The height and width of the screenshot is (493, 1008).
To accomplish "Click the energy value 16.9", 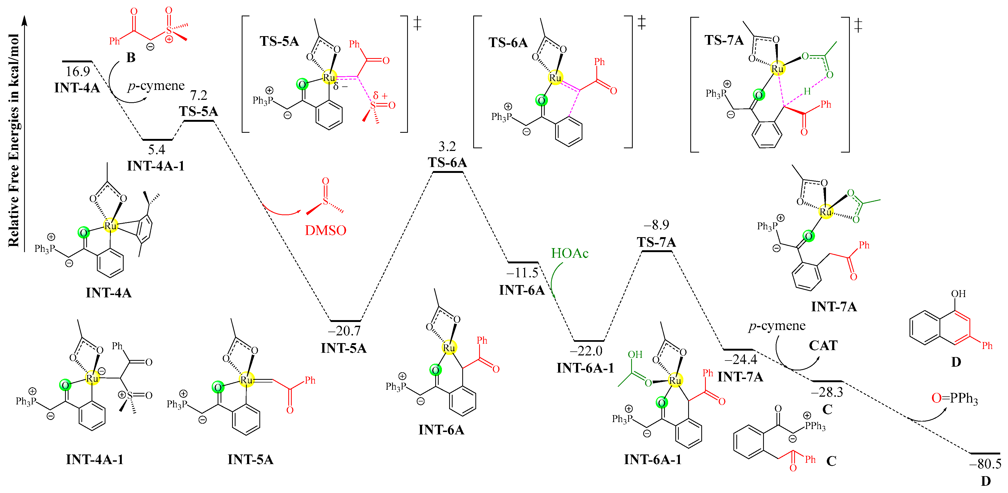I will [77, 72].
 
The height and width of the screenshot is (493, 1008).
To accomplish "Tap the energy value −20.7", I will [344, 331].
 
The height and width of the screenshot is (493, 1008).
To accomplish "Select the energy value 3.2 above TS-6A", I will [447, 147].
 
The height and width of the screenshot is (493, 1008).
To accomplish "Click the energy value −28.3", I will [827, 392].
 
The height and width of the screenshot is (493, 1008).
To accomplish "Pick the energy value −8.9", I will [656, 225].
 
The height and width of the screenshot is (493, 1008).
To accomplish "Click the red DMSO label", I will [325, 230].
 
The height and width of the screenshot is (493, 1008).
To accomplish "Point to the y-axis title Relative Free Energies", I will [14, 141].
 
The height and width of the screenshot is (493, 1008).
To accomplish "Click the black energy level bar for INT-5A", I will [346, 321].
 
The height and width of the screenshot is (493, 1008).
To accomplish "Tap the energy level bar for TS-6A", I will [448, 172].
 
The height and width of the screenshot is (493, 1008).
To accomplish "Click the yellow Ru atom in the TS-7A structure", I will [777, 69].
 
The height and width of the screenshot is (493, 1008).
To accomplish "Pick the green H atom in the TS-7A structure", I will [807, 92].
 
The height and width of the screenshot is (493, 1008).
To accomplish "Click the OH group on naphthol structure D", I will [958, 294].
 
